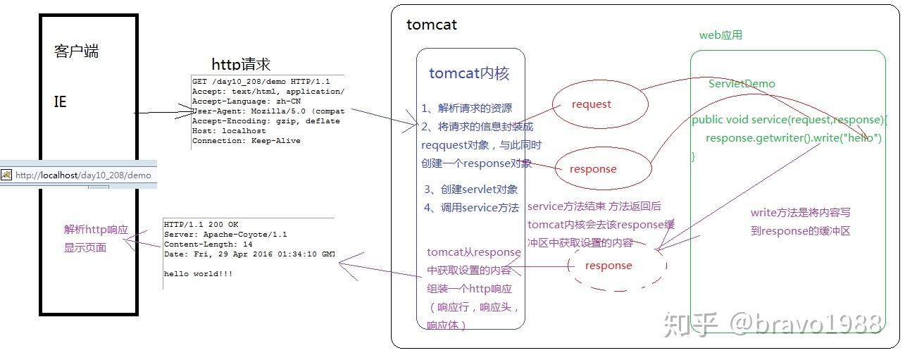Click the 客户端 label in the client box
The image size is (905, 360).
point(77,51)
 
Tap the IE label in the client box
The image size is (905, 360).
point(61,102)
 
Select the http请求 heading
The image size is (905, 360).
point(241,64)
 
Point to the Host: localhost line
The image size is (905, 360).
point(229,131)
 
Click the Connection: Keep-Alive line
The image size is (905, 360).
point(246,141)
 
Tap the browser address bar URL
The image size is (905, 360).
point(83,175)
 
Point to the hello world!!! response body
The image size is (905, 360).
point(198,273)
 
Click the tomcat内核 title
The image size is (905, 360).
point(469,73)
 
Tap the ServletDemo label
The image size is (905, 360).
point(742,84)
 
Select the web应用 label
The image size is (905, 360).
point(720,35)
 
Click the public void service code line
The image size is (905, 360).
point(789,120)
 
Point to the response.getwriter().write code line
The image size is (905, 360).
point(794,138)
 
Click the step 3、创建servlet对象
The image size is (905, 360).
point(471,190)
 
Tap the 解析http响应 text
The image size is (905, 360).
point(96,230)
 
